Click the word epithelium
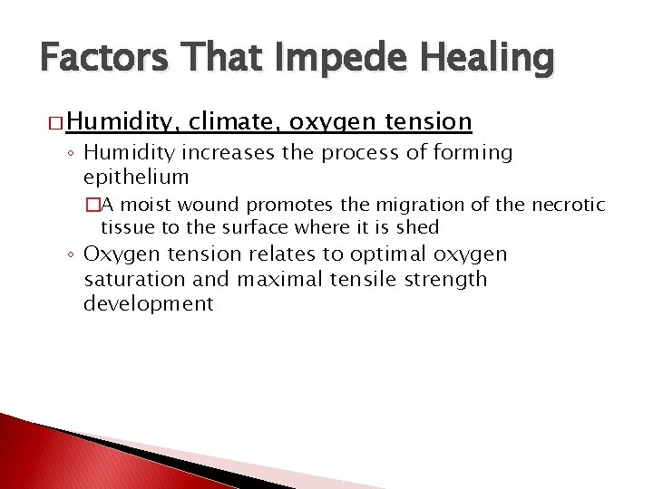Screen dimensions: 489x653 click(136, 177)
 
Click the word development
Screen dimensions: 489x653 click(149, 303)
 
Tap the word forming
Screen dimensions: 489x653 click(473, 153)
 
